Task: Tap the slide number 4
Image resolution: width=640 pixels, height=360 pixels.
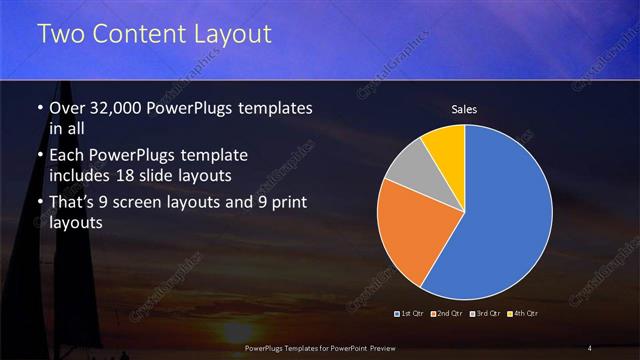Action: pyautogui.click(x=590, y=347)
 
